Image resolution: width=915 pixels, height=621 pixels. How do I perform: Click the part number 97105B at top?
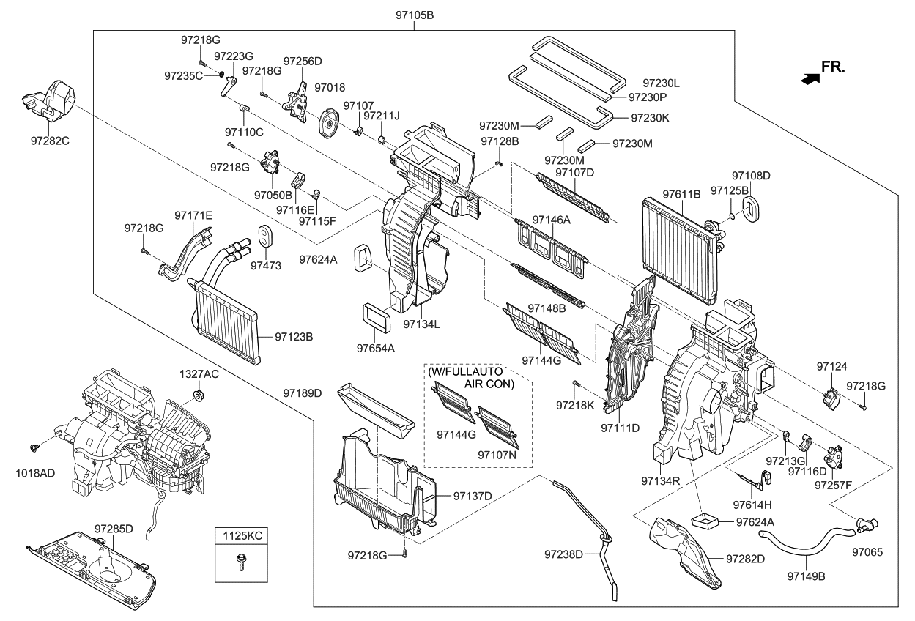(x=414, y=15)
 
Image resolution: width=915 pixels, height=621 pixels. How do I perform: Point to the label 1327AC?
(x=199, y=373)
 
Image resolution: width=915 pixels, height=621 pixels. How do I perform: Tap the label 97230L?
(x=662, y=83)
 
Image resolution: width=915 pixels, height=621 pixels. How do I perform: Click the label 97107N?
(x=499, y=454)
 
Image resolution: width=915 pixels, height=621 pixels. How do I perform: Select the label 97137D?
(x=473, y=497)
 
